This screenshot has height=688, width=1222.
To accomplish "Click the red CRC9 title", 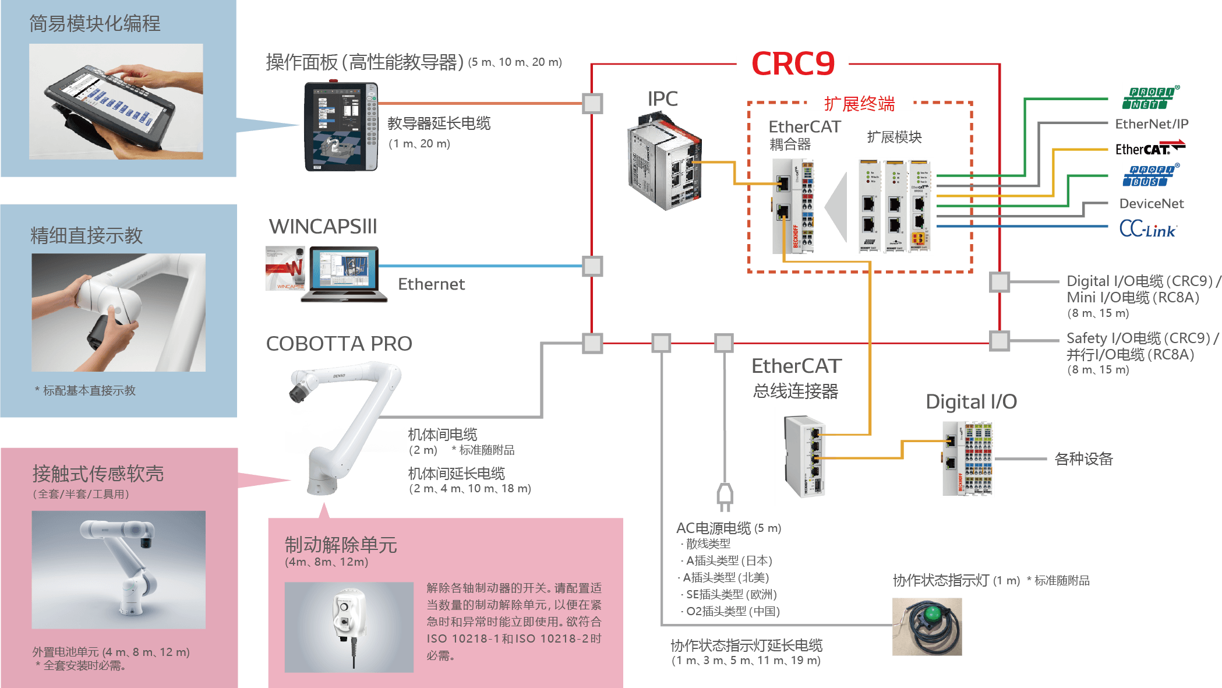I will pyautogui.click(x=793, y=63).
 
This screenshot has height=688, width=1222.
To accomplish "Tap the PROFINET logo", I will pyautogui.click(x=1151, y=98).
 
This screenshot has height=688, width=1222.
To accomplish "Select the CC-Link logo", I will pyautogui.click(x=1148, y=228).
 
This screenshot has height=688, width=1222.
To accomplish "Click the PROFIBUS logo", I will pyautogui.click(x=1151, y=175).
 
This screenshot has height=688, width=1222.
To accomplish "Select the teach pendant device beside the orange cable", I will pyautogui.click(x=341, y=126).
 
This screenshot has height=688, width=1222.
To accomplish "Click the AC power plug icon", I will pyautogui.click(x=725, y=496).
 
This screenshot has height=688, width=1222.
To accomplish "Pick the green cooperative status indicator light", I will pyautogui.click(x=927, y=626).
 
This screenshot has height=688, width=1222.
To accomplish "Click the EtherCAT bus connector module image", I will pyautogui.click(x=805, y=456).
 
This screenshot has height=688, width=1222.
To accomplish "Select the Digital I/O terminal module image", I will pyautogui.click(x=967, y=459).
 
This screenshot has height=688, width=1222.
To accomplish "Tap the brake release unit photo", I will pyautogui.click(x=349, y=627).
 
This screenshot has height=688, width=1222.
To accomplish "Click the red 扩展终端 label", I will pyautogui.click(x=859, y=104).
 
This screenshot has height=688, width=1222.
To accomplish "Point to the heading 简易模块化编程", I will pyautogui.click(x=94, y=24).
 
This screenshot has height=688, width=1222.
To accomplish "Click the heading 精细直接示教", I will pyautogui.click(x=86, y=235).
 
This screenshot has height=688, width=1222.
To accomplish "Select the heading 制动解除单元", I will pyautogui.click(x=341, y=545).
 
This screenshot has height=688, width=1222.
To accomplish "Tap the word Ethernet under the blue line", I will pyautogui.click(x=431, y=284).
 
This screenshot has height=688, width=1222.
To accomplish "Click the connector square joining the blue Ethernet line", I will pyautogui.click(x=592, y=266).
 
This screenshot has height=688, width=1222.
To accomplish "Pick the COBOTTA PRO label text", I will pyautogui.click(x=339, y=344).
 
